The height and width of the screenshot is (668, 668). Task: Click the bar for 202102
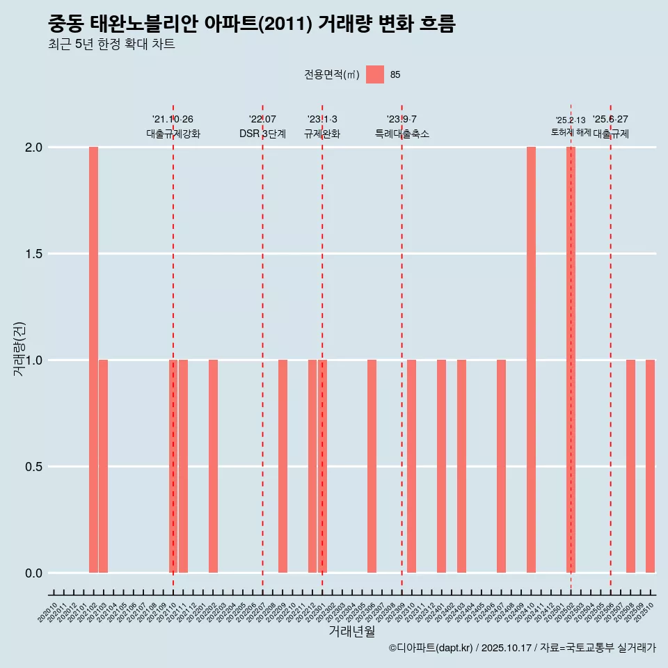(x=93, y=360)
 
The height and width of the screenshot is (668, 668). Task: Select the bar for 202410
(x=531, y=360)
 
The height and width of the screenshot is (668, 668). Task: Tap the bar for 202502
(x=571, y=360)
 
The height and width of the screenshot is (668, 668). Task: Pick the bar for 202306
(x=372, y=466)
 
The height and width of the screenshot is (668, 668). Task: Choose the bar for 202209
(x=283, y=466)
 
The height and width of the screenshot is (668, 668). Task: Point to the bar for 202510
(x=650, y=466)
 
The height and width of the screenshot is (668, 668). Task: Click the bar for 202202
(x=213, y=466)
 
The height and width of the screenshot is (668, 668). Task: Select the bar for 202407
(x=501, y=466)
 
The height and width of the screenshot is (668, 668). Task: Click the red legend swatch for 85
(x=375, y=74)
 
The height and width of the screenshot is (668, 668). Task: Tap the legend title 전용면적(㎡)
(x=332, y=74)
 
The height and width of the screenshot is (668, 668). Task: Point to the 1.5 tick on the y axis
(x=33, y=254)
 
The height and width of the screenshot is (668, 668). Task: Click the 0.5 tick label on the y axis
(x=33, y=466)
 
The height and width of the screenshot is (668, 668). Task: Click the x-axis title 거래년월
(x=351, y=632)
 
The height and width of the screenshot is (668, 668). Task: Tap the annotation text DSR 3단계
(x=262, y=134)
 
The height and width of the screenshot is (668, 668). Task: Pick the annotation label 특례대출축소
(x=401, y=134)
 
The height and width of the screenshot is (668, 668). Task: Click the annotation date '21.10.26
(x=173, y=119)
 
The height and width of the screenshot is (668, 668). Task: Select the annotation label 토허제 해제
(x=571, y=132)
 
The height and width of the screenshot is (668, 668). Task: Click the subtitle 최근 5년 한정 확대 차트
(x=111, y=45)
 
